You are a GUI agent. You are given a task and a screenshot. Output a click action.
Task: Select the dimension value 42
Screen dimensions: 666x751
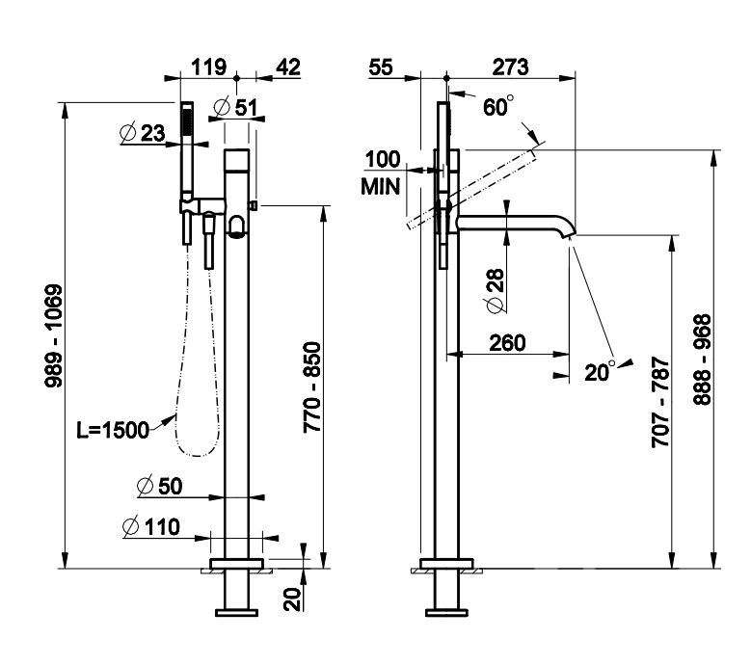287,67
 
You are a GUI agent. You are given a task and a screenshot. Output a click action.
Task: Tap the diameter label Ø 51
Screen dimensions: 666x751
235,107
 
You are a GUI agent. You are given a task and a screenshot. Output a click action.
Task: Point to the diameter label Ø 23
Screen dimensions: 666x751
144,134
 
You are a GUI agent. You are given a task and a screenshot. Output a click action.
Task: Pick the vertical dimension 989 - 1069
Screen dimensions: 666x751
54,335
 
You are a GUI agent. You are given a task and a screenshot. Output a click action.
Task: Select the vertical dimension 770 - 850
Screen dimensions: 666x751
311,400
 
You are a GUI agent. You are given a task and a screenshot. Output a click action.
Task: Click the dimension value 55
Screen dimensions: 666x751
382,67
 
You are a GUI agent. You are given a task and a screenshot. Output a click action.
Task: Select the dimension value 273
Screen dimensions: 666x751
510,67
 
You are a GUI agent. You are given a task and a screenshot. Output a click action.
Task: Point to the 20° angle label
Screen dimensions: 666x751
601,371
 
